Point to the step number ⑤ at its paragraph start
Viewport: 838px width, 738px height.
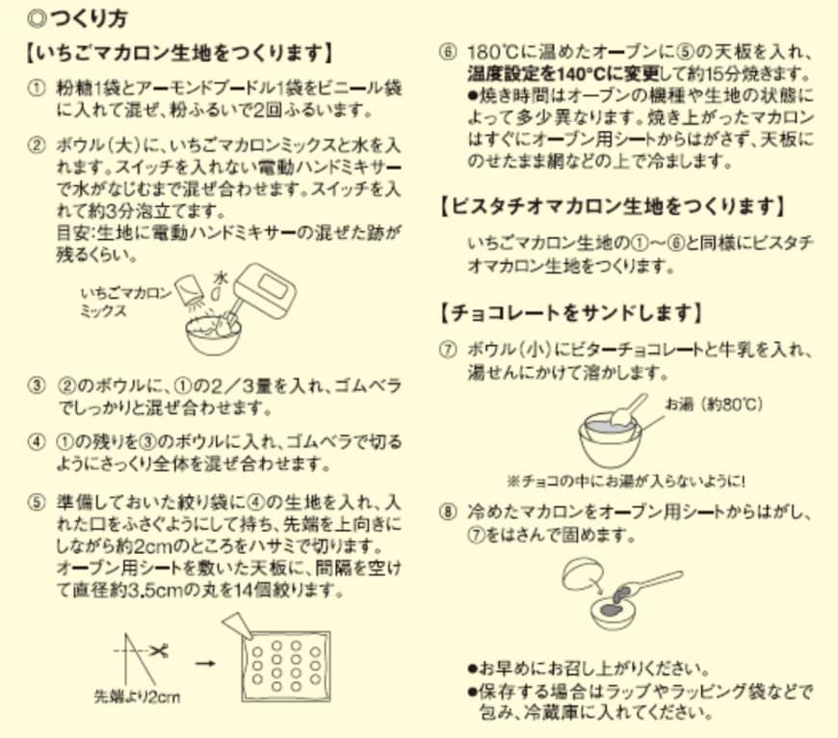[37, 502]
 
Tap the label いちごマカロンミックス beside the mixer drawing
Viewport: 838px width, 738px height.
[127, 303]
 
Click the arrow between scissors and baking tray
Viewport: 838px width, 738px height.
[203, 662]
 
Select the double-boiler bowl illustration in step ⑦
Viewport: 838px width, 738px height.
[609, 434]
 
